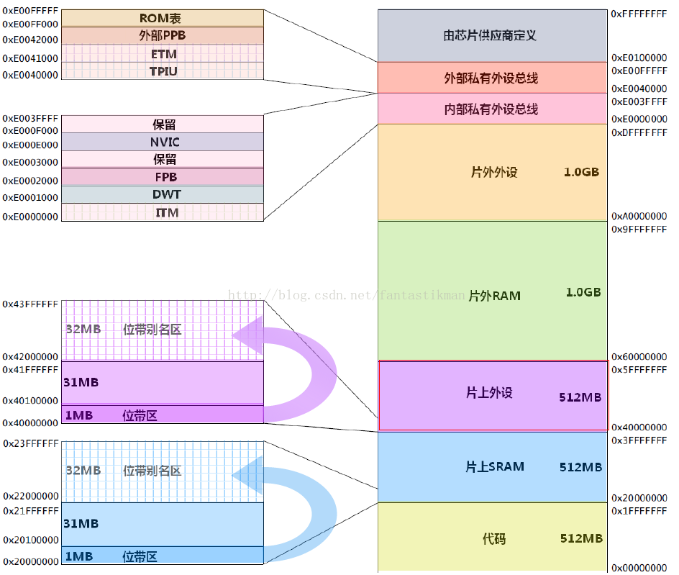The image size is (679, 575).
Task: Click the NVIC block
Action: pyautogui.click(x=163, y=142)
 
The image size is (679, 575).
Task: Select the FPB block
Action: pyautogui.click(x=163, y=177)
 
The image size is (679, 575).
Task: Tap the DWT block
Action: pyautogui.click(x=163, y=194)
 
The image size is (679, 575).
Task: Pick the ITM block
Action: pyautogui.click(x=163, y=212)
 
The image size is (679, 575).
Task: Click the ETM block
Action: pyautogui.click(x=163, y=54)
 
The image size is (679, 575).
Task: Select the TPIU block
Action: pyautogui.click(x=163, y=71)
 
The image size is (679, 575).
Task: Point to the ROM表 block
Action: pyautogui.click(x=163, y=18)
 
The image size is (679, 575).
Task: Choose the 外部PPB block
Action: pyautogui.click(x=163, y=35)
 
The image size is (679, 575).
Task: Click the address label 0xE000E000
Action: pyautogui.click(x=30, y=145)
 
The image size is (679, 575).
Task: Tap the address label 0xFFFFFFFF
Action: pyautogui.click(x=639, y=14)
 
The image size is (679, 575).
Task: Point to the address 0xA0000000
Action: pyautogui.click(x=639, y=216)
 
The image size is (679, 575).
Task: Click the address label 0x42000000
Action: pyautogui.click(x=30, y=357)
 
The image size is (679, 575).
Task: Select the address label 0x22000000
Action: pyautogui.click(x=31, y=496)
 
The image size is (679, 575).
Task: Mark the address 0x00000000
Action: pyautogui.click(x=639, y=568)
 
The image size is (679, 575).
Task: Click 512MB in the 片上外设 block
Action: pyautogui.click(x=580, y=397)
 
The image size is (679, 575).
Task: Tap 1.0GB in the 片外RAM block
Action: pyautogui.click(x=583, y=292)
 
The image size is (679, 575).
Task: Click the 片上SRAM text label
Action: pyautogui.click(x=495, y=466)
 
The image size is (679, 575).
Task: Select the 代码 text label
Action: pyautogui.click(x=494, y=538)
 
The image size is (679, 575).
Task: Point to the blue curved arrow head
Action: pyautogui.click(x=249, y=476)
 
